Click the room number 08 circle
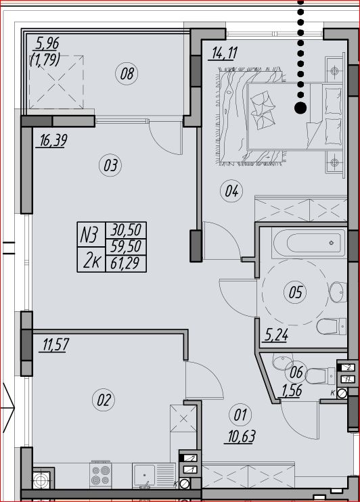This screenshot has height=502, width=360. [x=127, y=74]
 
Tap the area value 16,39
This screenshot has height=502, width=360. [x=53, y=141]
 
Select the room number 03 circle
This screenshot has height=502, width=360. [x=110, y=165]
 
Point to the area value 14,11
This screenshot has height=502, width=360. [x=224, y=53]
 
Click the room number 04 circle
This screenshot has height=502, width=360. [x=231, y=191]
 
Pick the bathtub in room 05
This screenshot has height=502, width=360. [x=309, y=243]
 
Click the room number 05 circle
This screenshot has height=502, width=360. [x=295, y=292]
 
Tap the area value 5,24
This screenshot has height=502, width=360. [x=276, y=335]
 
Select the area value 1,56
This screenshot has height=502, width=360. [x=292, y=390]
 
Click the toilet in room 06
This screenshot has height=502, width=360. [x=320, y=375]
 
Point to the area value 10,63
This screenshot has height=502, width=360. [x=242, y=436]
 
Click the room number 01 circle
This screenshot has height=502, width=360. [x=240, y=415]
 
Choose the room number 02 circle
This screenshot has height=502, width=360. [x=104, y=400]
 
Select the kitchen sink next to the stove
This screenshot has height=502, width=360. [x=154, y=476]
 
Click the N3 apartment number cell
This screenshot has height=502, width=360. [x=91, y=234]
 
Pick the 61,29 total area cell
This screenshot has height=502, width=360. [x=126, y=264]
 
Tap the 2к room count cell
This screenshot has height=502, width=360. [x=91, y=260]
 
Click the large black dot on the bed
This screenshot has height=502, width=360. [x=300, y=108]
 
